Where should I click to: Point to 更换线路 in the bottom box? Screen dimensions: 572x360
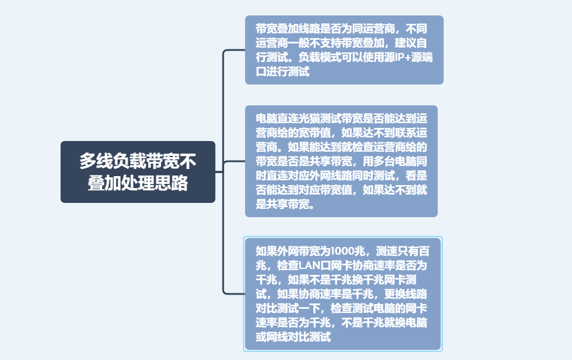406,294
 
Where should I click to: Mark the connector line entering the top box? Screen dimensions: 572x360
234,50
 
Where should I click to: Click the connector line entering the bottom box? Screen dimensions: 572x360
234,293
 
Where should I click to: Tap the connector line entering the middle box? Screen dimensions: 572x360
234,161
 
